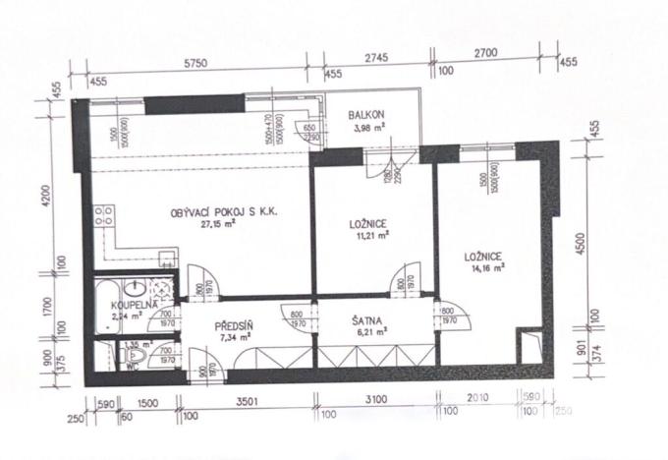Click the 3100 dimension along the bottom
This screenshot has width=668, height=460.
375,399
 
